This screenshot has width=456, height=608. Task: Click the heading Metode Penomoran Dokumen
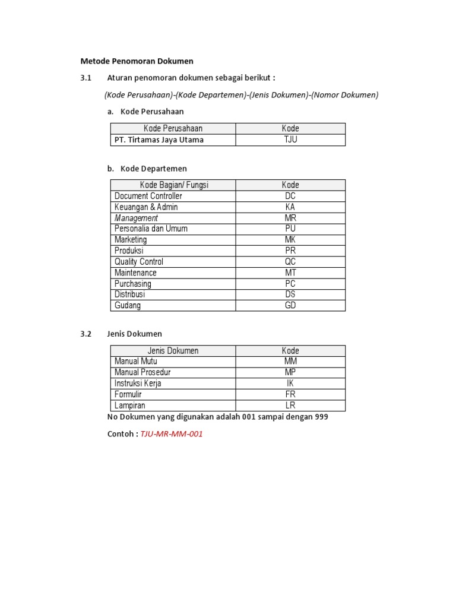[137, 61]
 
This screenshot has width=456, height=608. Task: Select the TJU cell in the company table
[290, 140]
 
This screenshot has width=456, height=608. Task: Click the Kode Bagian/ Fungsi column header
[173, 185]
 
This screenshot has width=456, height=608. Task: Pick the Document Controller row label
[148, 196]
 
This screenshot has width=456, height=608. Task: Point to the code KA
[290, 207]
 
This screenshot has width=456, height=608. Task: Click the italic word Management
[136, 218]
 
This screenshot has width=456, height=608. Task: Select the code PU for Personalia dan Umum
[290, 229]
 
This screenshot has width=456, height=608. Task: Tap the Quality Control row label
[139, 262]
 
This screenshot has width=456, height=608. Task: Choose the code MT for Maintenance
[290, 273]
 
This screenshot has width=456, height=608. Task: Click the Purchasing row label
[133, 284]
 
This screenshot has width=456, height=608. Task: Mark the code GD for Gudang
[290, 306]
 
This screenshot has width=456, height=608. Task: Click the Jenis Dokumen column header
[173, 351]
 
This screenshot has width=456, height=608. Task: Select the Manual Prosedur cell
[142, 372]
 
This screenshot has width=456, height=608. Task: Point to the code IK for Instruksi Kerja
[290, 384]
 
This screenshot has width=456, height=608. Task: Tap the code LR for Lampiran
[290, 406]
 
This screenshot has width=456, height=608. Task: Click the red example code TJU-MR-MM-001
[172, 434]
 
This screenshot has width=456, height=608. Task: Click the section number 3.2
[86, 334]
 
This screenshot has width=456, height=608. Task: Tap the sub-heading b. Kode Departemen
[147, 169]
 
